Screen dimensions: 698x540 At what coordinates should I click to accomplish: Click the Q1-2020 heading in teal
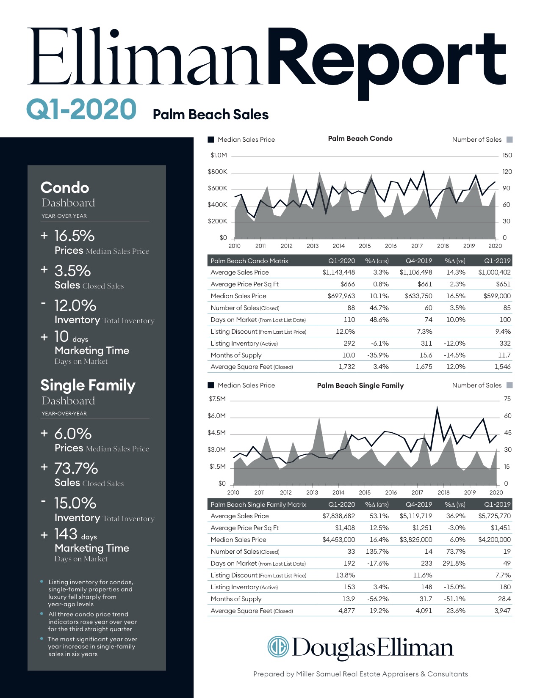pos(81,109)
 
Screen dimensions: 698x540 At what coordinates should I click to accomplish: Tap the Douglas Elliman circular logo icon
pos(278,647)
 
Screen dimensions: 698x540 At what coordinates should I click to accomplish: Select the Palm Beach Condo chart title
pos(360,138)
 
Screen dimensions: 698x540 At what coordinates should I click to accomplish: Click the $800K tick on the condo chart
pos(217,172)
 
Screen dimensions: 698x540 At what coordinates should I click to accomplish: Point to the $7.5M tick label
pos(217,399)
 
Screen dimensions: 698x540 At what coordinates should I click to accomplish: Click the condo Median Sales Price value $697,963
pos(341,296)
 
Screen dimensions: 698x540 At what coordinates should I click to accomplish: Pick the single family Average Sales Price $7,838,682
pos(339,516)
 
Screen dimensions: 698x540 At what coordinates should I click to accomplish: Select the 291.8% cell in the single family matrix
pos(456,563)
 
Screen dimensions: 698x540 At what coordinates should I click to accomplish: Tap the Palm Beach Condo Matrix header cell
pos(249,261)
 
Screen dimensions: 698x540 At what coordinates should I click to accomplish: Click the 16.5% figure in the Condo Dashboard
pos(74,236)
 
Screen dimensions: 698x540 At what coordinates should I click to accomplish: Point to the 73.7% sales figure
pos(76,468)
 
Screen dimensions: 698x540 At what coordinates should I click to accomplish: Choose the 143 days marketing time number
pos(66,534)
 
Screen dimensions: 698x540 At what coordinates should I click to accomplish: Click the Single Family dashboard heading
pos(88,385)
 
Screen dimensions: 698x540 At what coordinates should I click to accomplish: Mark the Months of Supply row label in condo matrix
pos(236,355)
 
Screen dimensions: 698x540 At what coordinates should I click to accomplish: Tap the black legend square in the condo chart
pos(210,140)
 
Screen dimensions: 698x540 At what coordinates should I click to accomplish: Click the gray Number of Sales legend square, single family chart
pos(510,385)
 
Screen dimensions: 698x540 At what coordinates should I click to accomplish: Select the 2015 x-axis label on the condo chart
pos(365,246)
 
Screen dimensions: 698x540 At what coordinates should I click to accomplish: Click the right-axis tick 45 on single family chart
pos(507,433)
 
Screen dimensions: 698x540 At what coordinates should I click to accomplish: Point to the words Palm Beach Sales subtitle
pos(210,114)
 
